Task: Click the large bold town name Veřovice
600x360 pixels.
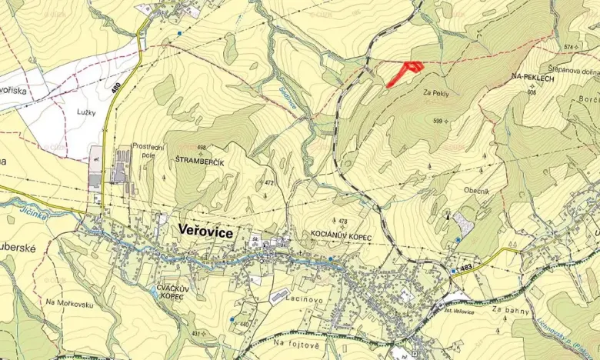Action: click(205, 231)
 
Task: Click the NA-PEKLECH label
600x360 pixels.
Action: click(532, 77)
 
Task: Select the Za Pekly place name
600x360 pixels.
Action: click(436, 92)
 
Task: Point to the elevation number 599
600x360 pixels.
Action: click(438, 121)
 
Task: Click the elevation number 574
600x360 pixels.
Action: click(569, 47)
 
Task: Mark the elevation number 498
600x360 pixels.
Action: click(202, 147)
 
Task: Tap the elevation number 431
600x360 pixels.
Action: click(197, 333)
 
